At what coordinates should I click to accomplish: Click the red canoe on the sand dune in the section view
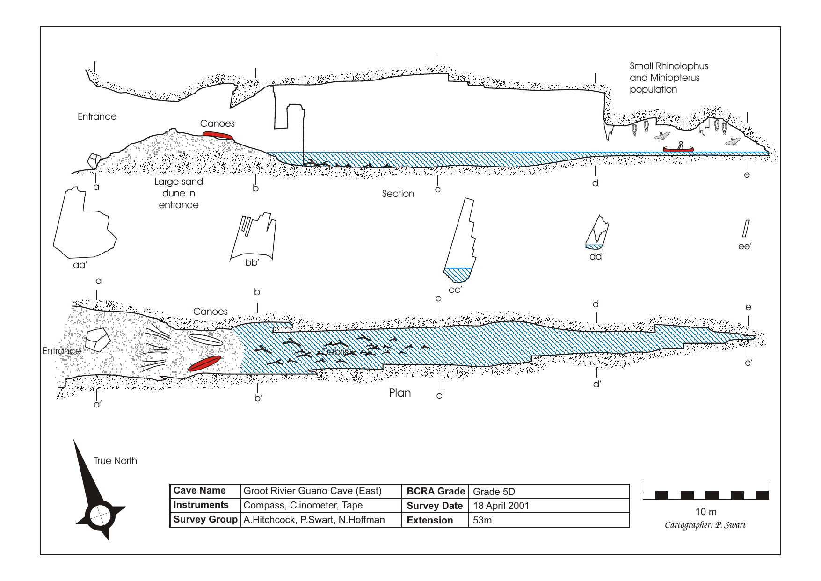(218, 135)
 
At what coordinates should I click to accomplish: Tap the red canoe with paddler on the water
(678, 149)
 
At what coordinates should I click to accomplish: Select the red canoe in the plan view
(204, 363)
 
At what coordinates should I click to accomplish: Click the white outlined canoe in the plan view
(205, 340)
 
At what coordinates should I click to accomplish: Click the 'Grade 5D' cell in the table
(494, 492)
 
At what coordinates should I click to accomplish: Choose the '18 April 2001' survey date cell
(501, 506)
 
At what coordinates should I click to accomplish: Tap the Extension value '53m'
(482, 520)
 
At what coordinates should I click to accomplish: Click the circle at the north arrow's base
(100, 516)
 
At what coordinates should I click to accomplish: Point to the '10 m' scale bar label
(706, 512)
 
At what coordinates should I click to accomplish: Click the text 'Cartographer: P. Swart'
(705, 525)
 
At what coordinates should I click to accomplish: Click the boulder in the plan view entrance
(97, 339)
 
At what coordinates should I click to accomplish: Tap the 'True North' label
(116, 461)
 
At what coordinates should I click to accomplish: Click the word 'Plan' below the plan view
(400, 393)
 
